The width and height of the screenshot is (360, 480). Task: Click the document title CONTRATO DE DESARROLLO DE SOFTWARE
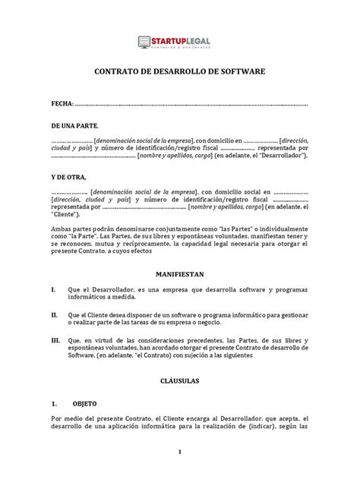tap(179, 73)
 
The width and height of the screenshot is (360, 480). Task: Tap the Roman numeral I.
tap(52, 289)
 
